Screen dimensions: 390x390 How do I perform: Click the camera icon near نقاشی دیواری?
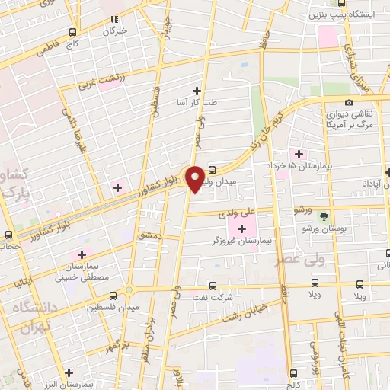[x=349, y=103]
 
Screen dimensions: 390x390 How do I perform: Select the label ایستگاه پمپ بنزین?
[x=337, y=14]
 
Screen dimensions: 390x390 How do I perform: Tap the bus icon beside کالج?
[x=294, y=373]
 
